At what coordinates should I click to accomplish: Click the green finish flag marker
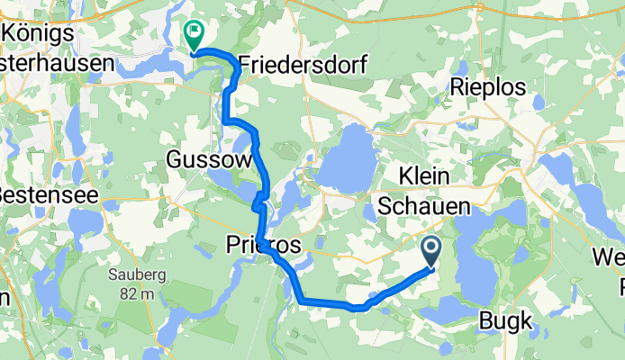tap(194, 34)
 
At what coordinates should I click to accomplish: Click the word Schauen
tap(424, 206)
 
